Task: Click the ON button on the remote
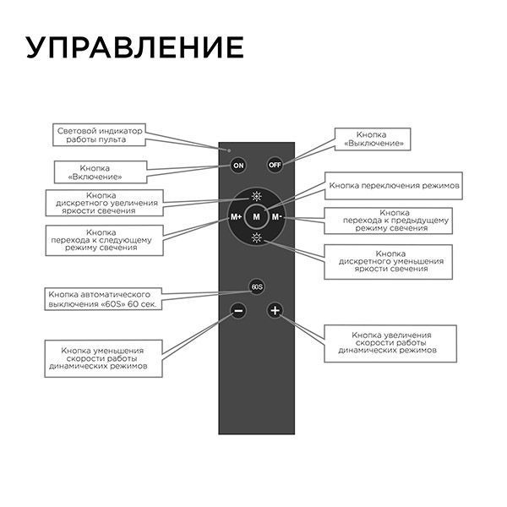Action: pyautogui.click(x=238, y=165)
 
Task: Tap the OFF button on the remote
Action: pyautogui.click(x=275, y=165)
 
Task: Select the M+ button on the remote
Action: pyautogui.click(x=237, y=217)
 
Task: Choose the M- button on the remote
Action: pyautogui.click(x=278, y=217)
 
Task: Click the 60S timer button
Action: pyautogui.click(x=256, y=287)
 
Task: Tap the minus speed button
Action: pyautogui.click(x=238, y=312)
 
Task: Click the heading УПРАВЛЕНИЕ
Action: pyautogui.click(x=134, y=47)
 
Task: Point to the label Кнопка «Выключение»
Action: pyautogui.click(x=373, y=139)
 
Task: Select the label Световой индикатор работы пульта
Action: pyautogui.click(x=101, y=134)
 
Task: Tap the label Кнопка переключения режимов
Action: pyautogui.click(x=394, y=184)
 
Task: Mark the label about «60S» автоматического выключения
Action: pyautogui.click(x=104, y=297)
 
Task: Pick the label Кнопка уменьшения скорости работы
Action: pyautogui.click(x=102, y=358)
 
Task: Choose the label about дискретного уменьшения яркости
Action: pyautogui.click(x=390, y=262)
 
